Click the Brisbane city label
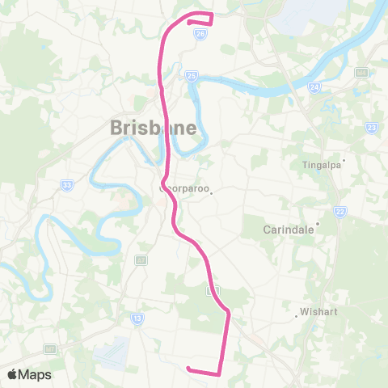(x=152, y=128)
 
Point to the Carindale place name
(x=289, y=229)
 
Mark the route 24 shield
(x=314, y=88)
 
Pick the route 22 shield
(x=339, y=211)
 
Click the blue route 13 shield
(x=137, y=318)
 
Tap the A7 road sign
(x=141, y=260)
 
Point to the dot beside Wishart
(x=297, y=316)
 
